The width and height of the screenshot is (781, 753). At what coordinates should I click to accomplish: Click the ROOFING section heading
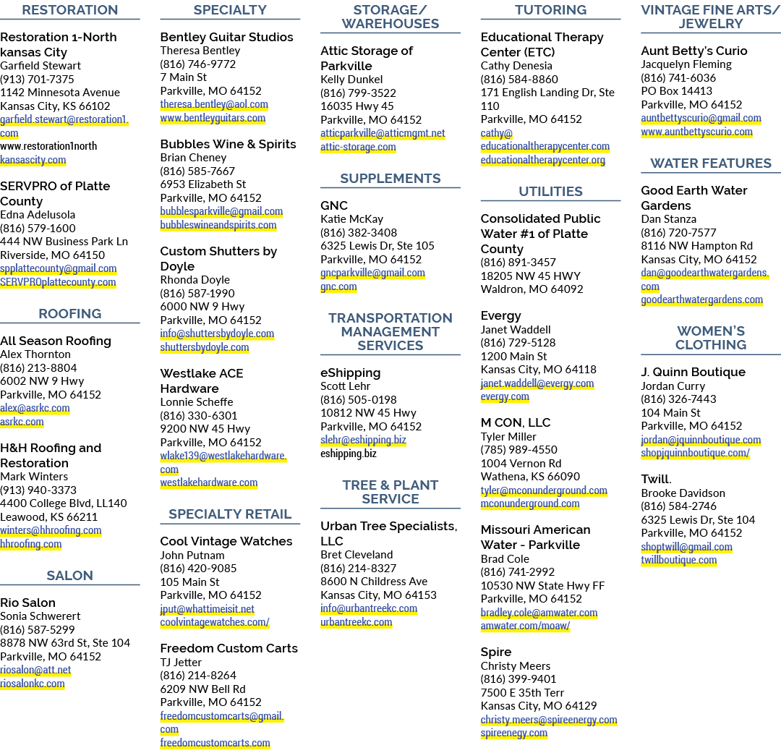tap(69, 313)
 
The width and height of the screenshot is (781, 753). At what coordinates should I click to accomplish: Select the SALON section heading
tap(69, 576)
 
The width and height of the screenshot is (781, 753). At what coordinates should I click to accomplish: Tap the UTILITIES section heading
tap(550, 192)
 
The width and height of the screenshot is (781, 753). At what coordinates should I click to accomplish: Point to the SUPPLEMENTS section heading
tap(390, 179)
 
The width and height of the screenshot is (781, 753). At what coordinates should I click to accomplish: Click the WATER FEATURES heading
tap(711, 163)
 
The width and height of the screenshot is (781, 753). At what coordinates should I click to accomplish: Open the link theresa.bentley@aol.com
tap(214, 104)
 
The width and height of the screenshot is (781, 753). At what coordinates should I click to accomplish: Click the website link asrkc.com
tap(22, 422)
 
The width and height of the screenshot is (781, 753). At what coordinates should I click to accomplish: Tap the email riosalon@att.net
tap(35, 670)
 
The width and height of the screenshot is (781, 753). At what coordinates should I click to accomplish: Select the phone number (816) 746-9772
tap(197, 64)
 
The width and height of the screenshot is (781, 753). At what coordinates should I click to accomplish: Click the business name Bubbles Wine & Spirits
tap(228, 144)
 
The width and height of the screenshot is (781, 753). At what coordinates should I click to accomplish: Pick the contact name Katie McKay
tap(351, 218)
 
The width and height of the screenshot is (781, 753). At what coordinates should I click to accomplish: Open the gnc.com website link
tap(338, 286)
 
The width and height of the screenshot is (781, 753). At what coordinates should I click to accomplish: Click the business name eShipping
tap(350, 373)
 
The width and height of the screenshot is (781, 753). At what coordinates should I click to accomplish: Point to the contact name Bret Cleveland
tap(357, 555)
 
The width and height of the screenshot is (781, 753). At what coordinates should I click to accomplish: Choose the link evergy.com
tap(505, 396)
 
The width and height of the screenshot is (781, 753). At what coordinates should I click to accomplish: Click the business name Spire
tap(496, 652)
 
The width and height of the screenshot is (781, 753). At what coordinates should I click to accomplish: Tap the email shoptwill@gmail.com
tap(686, 547)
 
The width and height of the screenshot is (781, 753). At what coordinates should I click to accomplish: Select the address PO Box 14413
tap(676, 90)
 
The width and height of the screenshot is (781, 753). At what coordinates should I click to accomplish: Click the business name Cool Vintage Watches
tap(226, 541)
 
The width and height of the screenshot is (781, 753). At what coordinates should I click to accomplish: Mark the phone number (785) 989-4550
tap(519, 449)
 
